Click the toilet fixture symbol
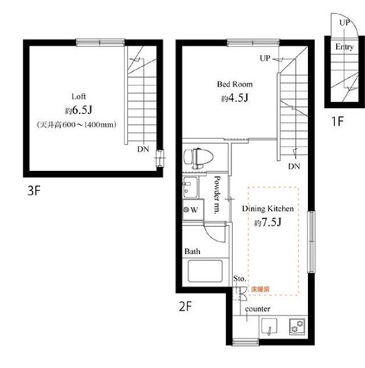point(198,158)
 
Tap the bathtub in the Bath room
point(205,271)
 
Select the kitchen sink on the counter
point(269,326)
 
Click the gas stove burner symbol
point(297,326)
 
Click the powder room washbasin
point(190,187)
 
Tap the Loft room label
point(78,96)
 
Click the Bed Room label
point(235,84)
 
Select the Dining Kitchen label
point(268,208)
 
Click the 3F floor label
point(34,191)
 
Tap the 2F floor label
point(186,307)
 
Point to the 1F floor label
point(337,121)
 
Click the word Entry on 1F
point(344,47)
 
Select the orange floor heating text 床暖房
point(260,289)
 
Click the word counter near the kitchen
point(258,309)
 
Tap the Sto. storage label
point(240,279)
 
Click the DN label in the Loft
point(143,149)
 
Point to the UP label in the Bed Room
point(265,58)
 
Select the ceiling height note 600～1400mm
point(77,125)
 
